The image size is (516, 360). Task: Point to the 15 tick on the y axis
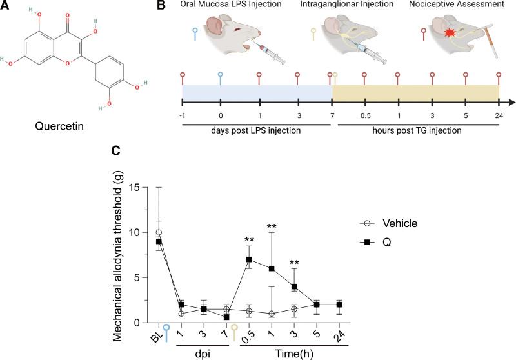133,188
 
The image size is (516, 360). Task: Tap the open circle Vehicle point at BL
159,232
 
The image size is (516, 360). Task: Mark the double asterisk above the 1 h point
272,227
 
